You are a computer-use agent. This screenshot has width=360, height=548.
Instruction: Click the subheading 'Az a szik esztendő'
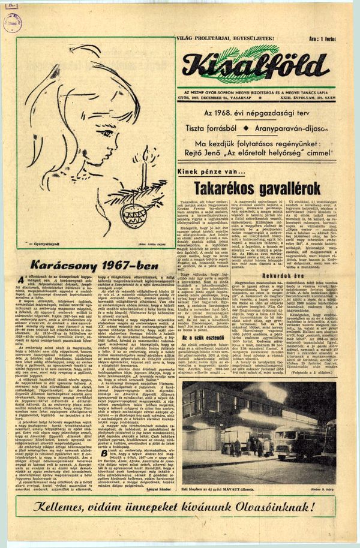[x=202, y=338]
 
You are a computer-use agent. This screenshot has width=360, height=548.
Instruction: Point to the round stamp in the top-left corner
[x=12, y=23]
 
